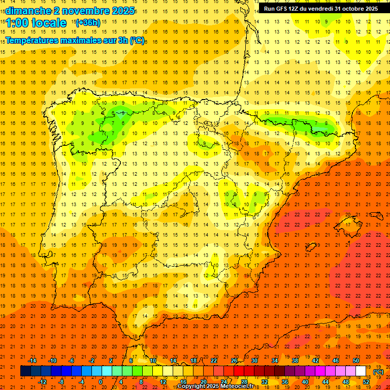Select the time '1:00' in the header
(x=17, y=23)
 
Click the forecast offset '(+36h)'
(x=88, y=23)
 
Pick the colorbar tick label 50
(x=356, y=361)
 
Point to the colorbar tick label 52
(x=366, y=382)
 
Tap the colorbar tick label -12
(x=42, y=382)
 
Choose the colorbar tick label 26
(x=234, y=361)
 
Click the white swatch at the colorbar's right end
(x=361, y=371)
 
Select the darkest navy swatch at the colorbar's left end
(x=26, y=371)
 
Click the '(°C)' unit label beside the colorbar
(x=378, y=372)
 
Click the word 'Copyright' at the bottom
(x=191, y=386)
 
